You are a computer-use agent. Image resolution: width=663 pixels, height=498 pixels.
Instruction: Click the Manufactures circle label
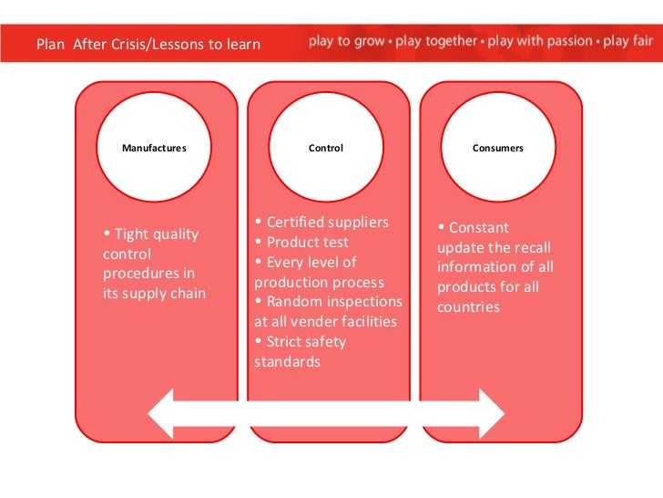pyautogui.click(x=154, y=148)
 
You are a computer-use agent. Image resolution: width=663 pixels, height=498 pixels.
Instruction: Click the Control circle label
pyautogui.click(x=326, y=148)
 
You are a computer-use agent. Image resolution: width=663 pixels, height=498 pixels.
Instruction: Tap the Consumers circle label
pyautogui.click(x=498, y=148)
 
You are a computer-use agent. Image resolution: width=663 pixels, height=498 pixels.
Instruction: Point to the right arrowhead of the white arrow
pyautogui.click(x=490, y=413)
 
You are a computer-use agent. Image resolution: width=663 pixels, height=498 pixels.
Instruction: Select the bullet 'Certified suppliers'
pyautogui.click(x=322, y=222)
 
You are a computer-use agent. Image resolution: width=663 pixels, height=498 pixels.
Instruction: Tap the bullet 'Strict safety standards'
pyautogui.click(x=301, y=351)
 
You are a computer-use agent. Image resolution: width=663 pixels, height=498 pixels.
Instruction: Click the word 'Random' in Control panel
pyautogui.click(x=297, y=301)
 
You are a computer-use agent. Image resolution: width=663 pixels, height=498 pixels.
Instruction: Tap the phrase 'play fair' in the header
pyautogui.click(x=624, y=42)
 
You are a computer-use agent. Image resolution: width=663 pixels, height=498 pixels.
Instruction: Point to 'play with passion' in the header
pyautogui.click(x=538, y=42)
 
